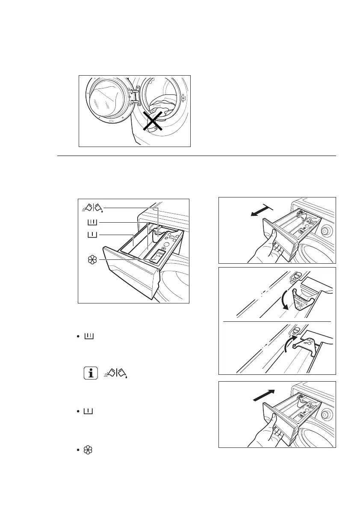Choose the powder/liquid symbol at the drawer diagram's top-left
coord(93,208)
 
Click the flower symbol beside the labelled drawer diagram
coord(91,260)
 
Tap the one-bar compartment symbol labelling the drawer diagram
coord(93,235)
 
